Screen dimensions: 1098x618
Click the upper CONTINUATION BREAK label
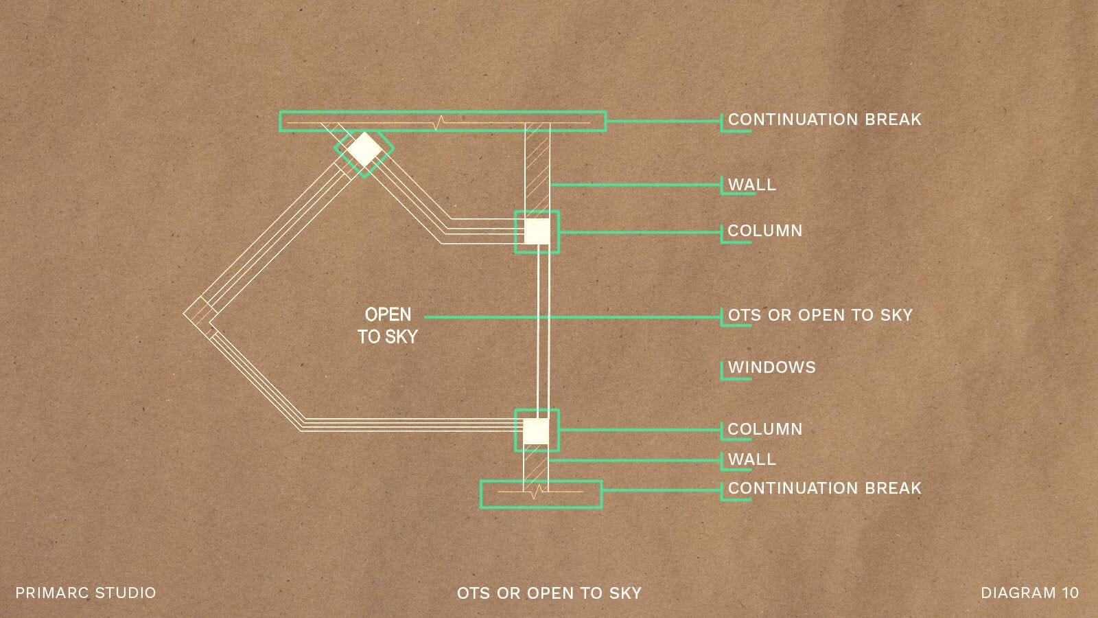[x=824, y=119]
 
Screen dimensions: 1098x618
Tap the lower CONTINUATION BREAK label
[x=824, y=488]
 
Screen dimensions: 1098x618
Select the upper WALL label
[x=752, y=185]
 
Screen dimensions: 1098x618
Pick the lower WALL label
[x=752, y=459]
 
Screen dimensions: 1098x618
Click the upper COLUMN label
[x=764, y=231]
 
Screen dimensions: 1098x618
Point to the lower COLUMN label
[x=764, y=428]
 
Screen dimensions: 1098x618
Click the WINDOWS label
[x=771, y=367]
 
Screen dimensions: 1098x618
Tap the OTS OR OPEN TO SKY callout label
[x=820, y=315]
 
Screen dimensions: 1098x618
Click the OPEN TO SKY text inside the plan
[x=388, y=325]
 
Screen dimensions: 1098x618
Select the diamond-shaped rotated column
[x=364, y=150]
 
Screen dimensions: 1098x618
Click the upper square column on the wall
[x=537, y=231]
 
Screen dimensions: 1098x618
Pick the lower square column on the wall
[x=536, y=431]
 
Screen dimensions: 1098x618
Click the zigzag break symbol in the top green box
[x=440, y=123]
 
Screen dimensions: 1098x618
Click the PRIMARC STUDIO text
[x=86, y=593]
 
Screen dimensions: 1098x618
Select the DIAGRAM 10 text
[x=1029, y=593]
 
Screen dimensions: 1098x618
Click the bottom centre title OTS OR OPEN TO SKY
[x=549, y=593]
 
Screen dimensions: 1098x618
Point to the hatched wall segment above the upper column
[x=537, y=172]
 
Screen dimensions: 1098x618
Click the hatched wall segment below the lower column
[x=536, y=466]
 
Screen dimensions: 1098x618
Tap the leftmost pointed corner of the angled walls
[x=184, y=313]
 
